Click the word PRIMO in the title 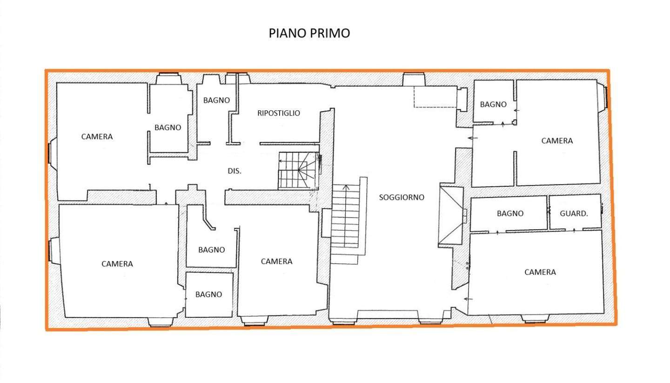tap(329, 33)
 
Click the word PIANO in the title tap(287, 33)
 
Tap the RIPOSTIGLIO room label tap(278, 113)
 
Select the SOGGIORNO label tap(402, 198)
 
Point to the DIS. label tap(234, 171)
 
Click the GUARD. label tap(574, 213)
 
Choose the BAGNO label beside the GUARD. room tap(510, 213)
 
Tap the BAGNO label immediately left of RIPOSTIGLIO tap(216, 100)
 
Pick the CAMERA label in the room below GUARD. tap(540, 272)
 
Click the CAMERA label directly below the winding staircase tap(276, 261)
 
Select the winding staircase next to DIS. tap(298, 171)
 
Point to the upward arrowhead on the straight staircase tap(346, 187)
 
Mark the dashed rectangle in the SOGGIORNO tap(435, 97)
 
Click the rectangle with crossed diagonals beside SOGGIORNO tap(451, 216)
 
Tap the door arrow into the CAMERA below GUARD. tap(469, 299)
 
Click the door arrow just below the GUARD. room tap(574, 230)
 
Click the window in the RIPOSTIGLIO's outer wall tap(238, 78)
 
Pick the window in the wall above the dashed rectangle tap(414, 79)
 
